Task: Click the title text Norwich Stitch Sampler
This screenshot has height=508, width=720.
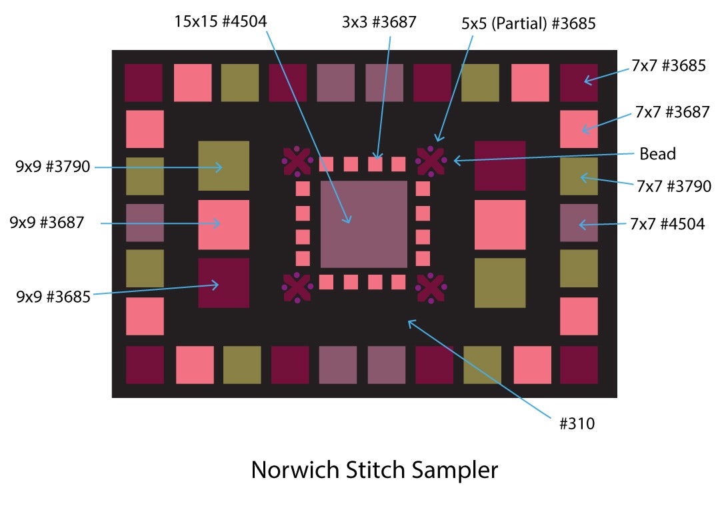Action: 374,470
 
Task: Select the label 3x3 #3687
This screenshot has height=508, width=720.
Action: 379,22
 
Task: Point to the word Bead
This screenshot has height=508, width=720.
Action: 657,154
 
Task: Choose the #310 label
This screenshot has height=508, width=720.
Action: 577,423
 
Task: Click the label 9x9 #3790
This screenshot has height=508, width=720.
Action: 53,167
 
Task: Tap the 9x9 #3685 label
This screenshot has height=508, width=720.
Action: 53,297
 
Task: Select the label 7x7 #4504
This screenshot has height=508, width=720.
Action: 667,224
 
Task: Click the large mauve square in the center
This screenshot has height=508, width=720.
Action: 363,224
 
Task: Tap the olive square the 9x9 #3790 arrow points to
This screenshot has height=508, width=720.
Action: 223,166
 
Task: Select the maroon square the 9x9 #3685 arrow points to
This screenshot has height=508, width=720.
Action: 223,283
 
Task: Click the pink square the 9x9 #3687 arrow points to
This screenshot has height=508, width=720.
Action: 223,225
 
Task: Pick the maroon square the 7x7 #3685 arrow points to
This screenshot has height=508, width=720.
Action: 579,83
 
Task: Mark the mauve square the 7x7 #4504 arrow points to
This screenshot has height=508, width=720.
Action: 579,223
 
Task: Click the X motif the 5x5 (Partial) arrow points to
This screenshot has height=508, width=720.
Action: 431,161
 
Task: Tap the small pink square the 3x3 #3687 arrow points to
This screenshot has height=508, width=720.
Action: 375,164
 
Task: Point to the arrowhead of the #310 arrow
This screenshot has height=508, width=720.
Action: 410,322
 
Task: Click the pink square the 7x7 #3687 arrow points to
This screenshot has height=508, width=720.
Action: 579,129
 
